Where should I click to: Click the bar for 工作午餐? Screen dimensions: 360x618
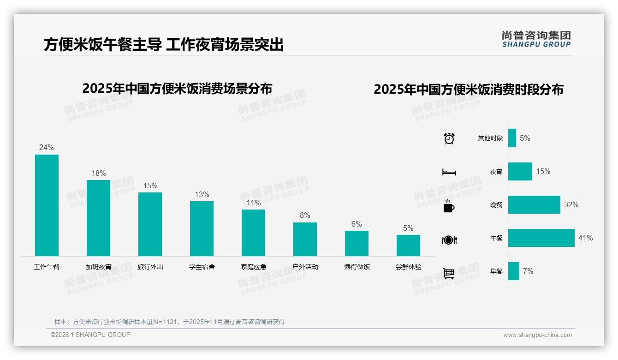pyautogui.click(x=47, y=205)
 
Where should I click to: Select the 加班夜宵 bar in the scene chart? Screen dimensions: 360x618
pyautogui.click(x=98, y=218)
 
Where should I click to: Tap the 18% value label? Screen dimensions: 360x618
pyautogui.click(x=98, y=174)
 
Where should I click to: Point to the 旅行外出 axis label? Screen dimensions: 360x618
pyautogui.click(x=150, y=267)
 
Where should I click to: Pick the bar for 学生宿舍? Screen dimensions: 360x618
pyautogui.click(x=202, y=228)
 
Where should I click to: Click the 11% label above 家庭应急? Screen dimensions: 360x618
pyautogui.click(x=253, y=203)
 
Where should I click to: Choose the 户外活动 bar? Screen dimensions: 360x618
pyautogui.click(x=305, y=239)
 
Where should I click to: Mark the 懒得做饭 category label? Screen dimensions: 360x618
pyautogui.click(x=357, y=267)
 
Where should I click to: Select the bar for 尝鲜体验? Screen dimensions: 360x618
pyautogui.click(x=408, y=246)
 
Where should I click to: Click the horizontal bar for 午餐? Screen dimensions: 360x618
pyautogui.click(x=541, y=238)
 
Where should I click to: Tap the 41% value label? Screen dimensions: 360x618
pyautogui.click(x=585, y=238)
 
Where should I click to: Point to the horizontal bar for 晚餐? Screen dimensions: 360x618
pyautogui.click(x=534, y=204)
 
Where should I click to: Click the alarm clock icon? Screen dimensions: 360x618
pyautogui.click(x=449, y=138)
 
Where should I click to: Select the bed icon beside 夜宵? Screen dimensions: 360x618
pyautogui.click(x=449, y=172)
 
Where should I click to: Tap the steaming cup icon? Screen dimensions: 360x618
pyautogui.click(x=449, y=206)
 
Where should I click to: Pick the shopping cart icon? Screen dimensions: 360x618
pyautogui.click(x=449, y=273)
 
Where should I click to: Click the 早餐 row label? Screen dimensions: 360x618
pyautogui.click(x=496, y=271)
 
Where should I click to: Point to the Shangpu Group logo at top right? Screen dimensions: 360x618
pyautogui.click(x=536, y=39)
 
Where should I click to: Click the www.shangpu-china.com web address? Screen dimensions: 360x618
pyautogui.click(x=537, y=335)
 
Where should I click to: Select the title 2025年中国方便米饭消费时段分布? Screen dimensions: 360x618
pyautogui.click(x=469, y=90)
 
